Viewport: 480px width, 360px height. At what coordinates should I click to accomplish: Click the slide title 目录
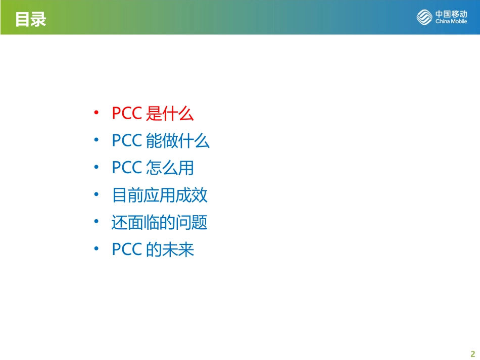click(x=31, y=19)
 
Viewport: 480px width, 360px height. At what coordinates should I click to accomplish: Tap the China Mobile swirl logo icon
click(x=424, y=17)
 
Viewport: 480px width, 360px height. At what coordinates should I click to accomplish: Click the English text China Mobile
click(x=451, y=21)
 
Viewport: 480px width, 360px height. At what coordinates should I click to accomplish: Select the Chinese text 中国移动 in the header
click(x=451, y=14)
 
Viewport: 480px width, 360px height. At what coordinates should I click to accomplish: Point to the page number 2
click(x=472, y=354)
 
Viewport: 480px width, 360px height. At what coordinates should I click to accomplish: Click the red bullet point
click(x=96, y=113)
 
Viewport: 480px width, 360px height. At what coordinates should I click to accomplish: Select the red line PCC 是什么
click(x=153, y=114)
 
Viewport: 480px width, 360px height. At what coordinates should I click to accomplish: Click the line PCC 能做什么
click(x=161, y=141)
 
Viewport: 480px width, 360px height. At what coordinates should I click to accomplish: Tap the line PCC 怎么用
click(x=153, y=168)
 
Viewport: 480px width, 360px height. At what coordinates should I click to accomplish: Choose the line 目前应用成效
click(x=160, y=195)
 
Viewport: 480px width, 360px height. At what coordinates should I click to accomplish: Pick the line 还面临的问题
click(x=160, y=222)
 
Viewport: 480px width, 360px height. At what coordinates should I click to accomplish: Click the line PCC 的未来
click(x=153, y=249)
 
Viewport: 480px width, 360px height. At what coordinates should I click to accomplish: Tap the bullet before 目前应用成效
click(x=96, y=194)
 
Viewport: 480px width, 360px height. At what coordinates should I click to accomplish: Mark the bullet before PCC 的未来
click(x=96, y=248)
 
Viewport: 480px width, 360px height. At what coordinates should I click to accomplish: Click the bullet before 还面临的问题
click(x=96, y=221)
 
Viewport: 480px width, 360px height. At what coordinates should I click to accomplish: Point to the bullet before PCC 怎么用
click(x=96, y=167)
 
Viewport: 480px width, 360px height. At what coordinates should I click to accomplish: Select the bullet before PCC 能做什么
click(x=96, y=140)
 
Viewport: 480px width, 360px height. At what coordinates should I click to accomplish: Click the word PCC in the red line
click(x=127, y=113)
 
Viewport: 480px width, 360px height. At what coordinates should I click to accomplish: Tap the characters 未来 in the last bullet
click(x=178, y=249)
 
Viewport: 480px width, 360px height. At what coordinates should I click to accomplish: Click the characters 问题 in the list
click(x=191, y=222)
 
